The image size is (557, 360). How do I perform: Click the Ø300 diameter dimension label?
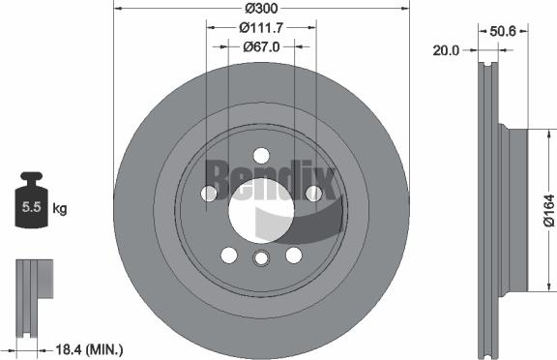260,8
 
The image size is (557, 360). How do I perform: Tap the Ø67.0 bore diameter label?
260,45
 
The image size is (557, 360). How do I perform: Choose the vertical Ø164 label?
547,208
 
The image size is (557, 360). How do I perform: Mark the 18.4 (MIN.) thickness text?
90,348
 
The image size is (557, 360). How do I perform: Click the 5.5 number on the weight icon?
30,207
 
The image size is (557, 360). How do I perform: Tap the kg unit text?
60,207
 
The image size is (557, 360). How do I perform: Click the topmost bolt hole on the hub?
260,155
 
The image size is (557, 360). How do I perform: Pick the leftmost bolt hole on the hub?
209,194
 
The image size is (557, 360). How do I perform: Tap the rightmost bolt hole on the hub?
312,194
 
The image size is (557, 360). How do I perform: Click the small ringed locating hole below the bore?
260,258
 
